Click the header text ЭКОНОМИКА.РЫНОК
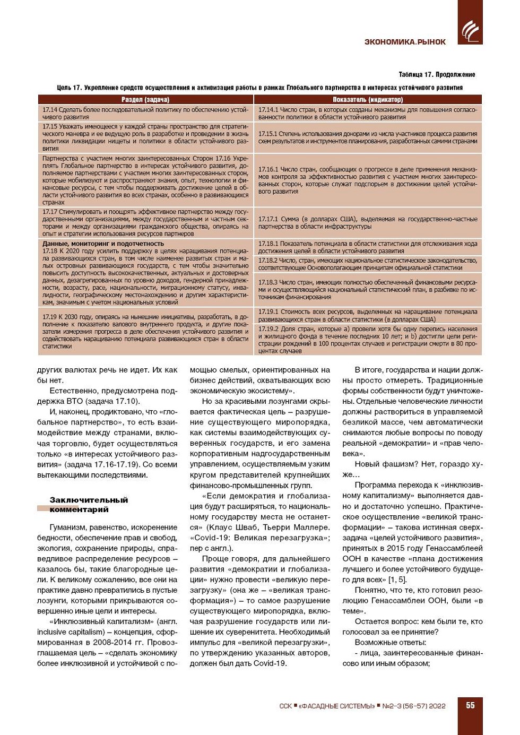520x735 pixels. click(x=405, y=42)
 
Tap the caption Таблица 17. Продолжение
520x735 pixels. click(x=436, y=75)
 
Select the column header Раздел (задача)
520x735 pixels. click(x=145, y=99)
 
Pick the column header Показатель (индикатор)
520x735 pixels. click(x=367, y=99)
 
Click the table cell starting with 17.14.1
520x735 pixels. click(x=367, y=113)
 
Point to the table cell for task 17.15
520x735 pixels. click(x=145, y=137)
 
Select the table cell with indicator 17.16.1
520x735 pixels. click(x=367, y=180)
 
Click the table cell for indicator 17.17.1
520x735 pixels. click(x=367, y=222)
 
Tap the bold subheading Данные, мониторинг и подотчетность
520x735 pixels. click(x=103, y=244)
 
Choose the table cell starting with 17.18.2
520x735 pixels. click(x=367, y=264)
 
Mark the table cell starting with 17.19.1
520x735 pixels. click(x=367, y=316)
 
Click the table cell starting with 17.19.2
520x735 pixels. click(x=367, y=340)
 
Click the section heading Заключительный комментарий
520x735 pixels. click(x=89, y=505)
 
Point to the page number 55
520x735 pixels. click(x=470, y=705)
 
